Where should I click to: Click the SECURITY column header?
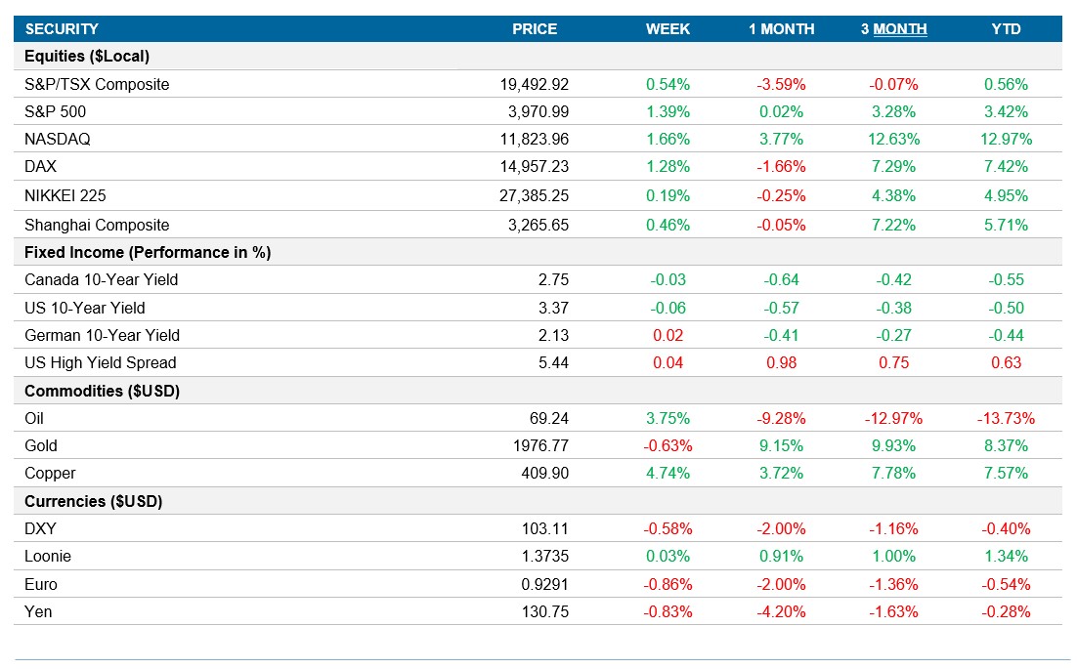point(62,29)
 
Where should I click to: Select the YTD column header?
point(1006,29)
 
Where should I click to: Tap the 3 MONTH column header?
point(893,29)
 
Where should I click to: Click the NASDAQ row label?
point(58,140)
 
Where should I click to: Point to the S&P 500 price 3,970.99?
point(534,112)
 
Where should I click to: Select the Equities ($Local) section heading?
point(87,57)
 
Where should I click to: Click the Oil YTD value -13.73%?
point(1006,419)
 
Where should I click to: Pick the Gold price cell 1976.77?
point(540,446)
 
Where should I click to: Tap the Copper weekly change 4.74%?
point(668,474)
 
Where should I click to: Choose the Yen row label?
point(38,612)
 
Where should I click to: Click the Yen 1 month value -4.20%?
point(781,612)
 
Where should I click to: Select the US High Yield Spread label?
point(101,363)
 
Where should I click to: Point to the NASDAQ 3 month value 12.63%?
point(892,140)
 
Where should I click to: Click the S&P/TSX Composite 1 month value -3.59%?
point(781,85)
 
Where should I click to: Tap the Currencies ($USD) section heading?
point(94,502)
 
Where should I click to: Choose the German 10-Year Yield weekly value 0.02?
point(668,336)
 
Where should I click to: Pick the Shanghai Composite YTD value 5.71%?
point(1006,226)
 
